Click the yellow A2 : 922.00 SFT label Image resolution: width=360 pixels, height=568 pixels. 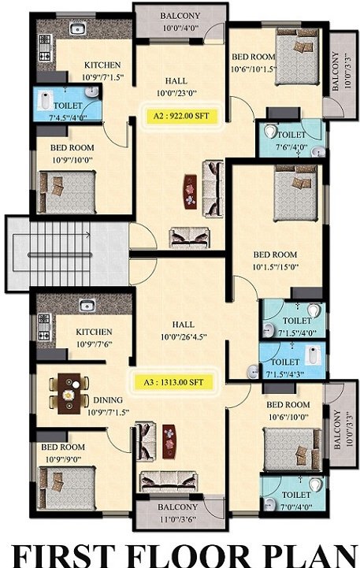click(x=180, y=115)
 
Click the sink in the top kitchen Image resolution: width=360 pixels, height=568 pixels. click(x=76, y=29)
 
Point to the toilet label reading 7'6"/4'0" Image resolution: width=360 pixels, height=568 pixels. click(x=291, y=146)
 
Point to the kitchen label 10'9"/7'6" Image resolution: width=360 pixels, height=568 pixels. click(x=94, y=343)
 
